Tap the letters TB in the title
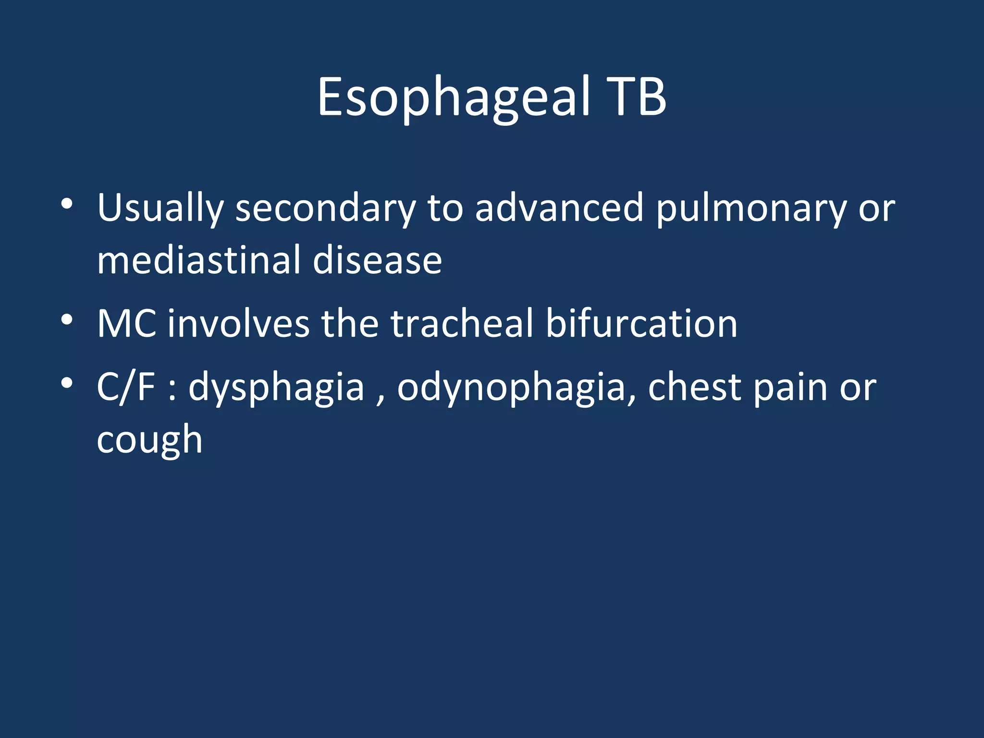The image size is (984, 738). tap(636, 98)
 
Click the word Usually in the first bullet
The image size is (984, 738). tap(160, 209)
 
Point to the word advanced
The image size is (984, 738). tap(559, 209)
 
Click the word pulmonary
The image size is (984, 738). tap(751, 209)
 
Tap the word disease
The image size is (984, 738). tap(377, 260)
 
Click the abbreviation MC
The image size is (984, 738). tap(126, 324)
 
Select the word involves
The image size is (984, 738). tap(238, 324)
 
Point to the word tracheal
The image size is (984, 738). tap(462, 324)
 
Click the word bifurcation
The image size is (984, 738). tap(641, 324)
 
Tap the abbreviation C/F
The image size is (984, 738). tap(126, 387)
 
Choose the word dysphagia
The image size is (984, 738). tap(276, 388)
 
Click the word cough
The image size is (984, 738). tap(149, 440)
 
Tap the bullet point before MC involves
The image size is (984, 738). tap(67, 320)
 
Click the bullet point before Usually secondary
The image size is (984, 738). tap(67, 204)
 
